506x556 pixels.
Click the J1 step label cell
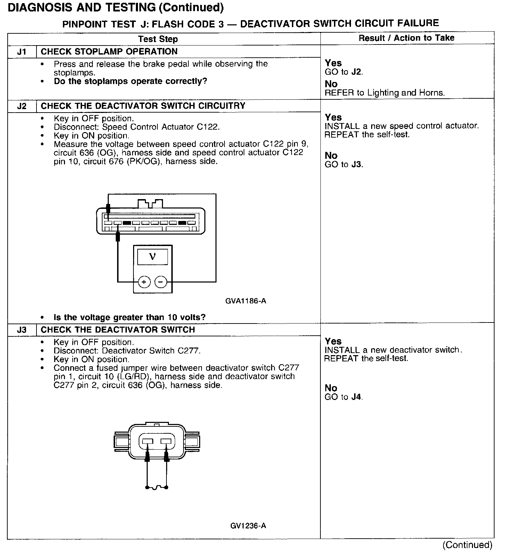point(22,52)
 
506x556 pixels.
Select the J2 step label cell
point(22,106)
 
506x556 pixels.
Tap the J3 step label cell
point(22,330)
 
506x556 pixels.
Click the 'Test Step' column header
point(158,39)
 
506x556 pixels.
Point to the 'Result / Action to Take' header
point(406,38)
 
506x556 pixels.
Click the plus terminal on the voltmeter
point(144,282)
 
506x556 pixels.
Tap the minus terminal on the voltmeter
point(161,282)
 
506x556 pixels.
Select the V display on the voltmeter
point(152,257)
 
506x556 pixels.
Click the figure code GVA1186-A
point(246,301)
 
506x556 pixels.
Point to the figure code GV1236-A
point(248,526)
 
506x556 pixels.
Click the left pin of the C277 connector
point(148,442)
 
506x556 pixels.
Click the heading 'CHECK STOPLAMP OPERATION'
point(109,52)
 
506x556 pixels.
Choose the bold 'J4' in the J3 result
point(357,397)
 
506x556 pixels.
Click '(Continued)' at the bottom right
point(467,545)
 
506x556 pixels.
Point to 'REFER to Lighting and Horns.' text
point(384,93)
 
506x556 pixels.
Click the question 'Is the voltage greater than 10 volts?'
point(130,317)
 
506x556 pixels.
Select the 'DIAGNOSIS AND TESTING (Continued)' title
point(115,7)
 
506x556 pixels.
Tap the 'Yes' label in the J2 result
point(333,117)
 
